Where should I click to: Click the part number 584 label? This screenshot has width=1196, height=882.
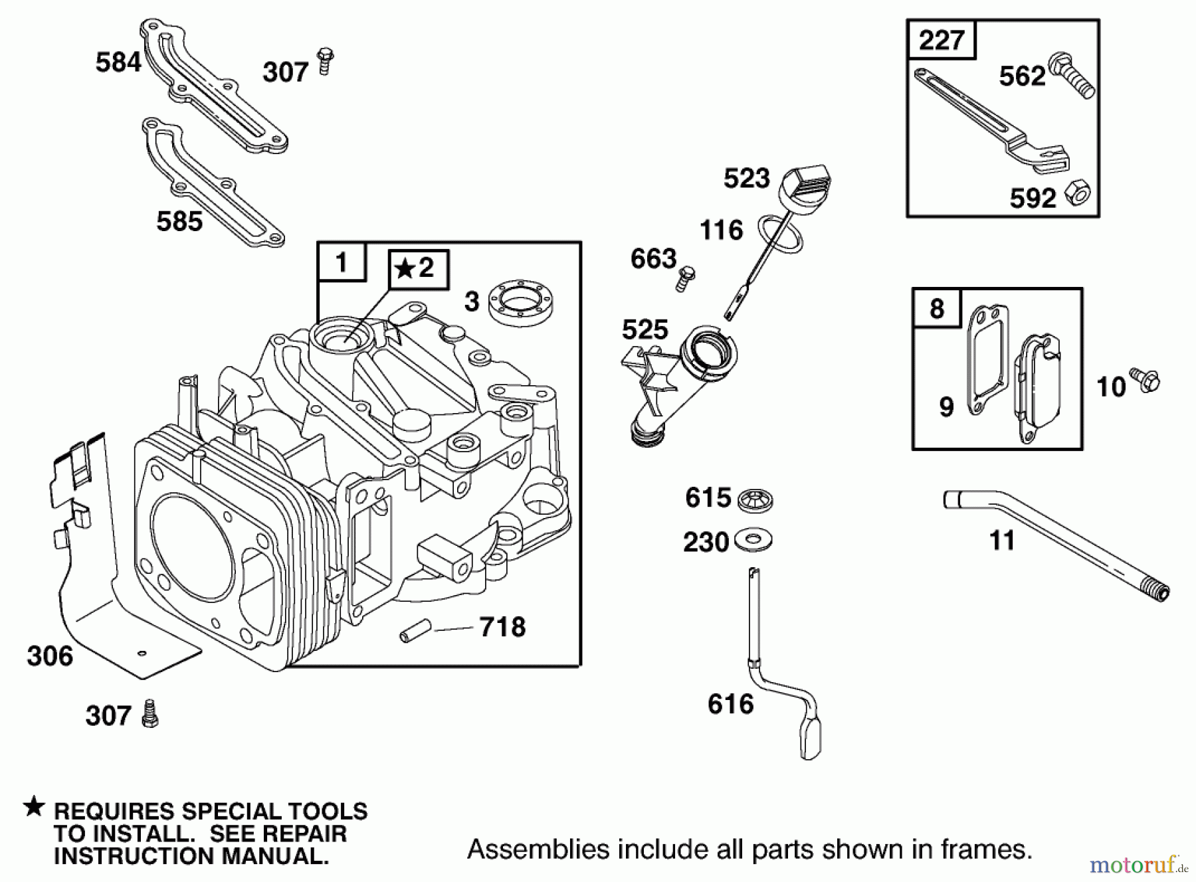point(118,62)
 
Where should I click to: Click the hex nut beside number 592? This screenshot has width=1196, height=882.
point(1077,193)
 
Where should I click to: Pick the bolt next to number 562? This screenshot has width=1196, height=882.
point(1070,77)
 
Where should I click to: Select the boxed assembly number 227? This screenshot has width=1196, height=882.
point(942,40)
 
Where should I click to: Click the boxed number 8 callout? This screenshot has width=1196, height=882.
point(936,308)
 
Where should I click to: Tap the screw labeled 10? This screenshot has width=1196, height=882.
point(1147,381)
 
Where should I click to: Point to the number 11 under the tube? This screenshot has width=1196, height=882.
point(1002,541)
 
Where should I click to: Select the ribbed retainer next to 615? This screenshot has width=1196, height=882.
point(754,499)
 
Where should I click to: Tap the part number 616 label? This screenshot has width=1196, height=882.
point(730,704)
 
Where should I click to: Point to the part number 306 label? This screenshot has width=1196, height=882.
point(50,656)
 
